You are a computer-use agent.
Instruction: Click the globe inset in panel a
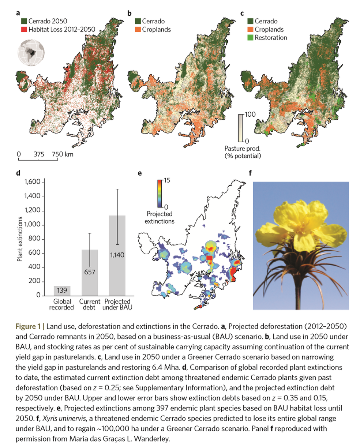(30, 53)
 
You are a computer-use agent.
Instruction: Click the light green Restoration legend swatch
(251, 38)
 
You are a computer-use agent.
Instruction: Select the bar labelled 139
(62, 291)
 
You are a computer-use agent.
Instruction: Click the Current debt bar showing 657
(90, 273)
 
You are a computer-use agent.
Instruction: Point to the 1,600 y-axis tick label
(33, 182)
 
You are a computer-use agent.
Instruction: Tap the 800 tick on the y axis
(36, 239)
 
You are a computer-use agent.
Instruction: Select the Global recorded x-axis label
(61, 304)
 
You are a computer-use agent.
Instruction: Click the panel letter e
(139, 173)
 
